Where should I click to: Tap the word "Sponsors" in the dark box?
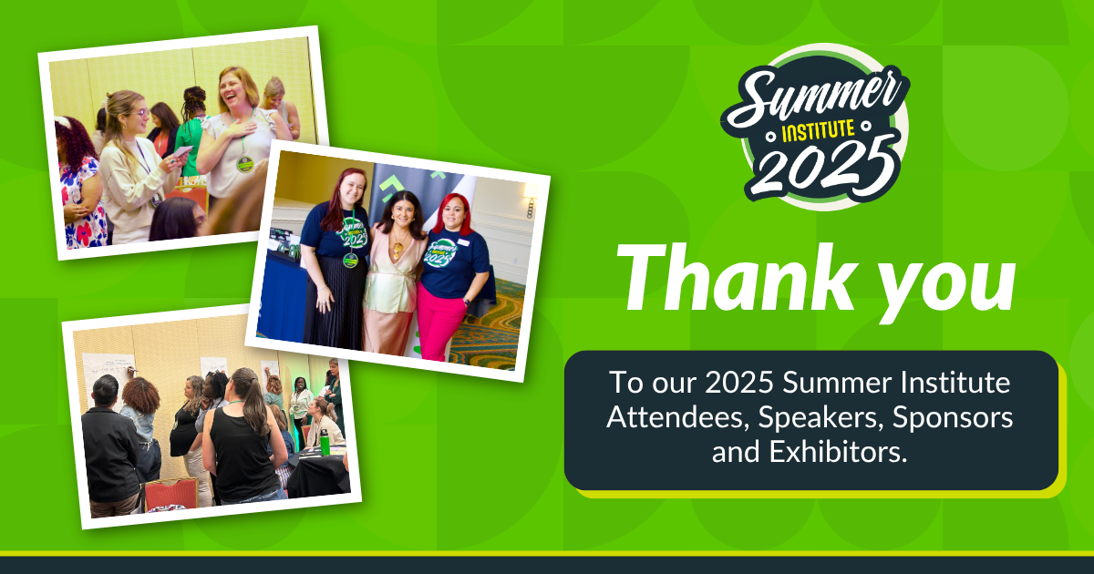point(953,418)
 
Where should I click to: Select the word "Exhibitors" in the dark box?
point(838,452)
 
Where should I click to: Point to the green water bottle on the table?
point(325,441)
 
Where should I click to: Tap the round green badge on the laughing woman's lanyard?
point(244,164)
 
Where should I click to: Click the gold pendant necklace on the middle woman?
point(398,250)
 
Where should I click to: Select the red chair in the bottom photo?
point(171,494)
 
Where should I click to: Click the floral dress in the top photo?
point(83,202)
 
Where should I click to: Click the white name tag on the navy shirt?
point(462,242)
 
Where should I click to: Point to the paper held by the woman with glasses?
point(182,151)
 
